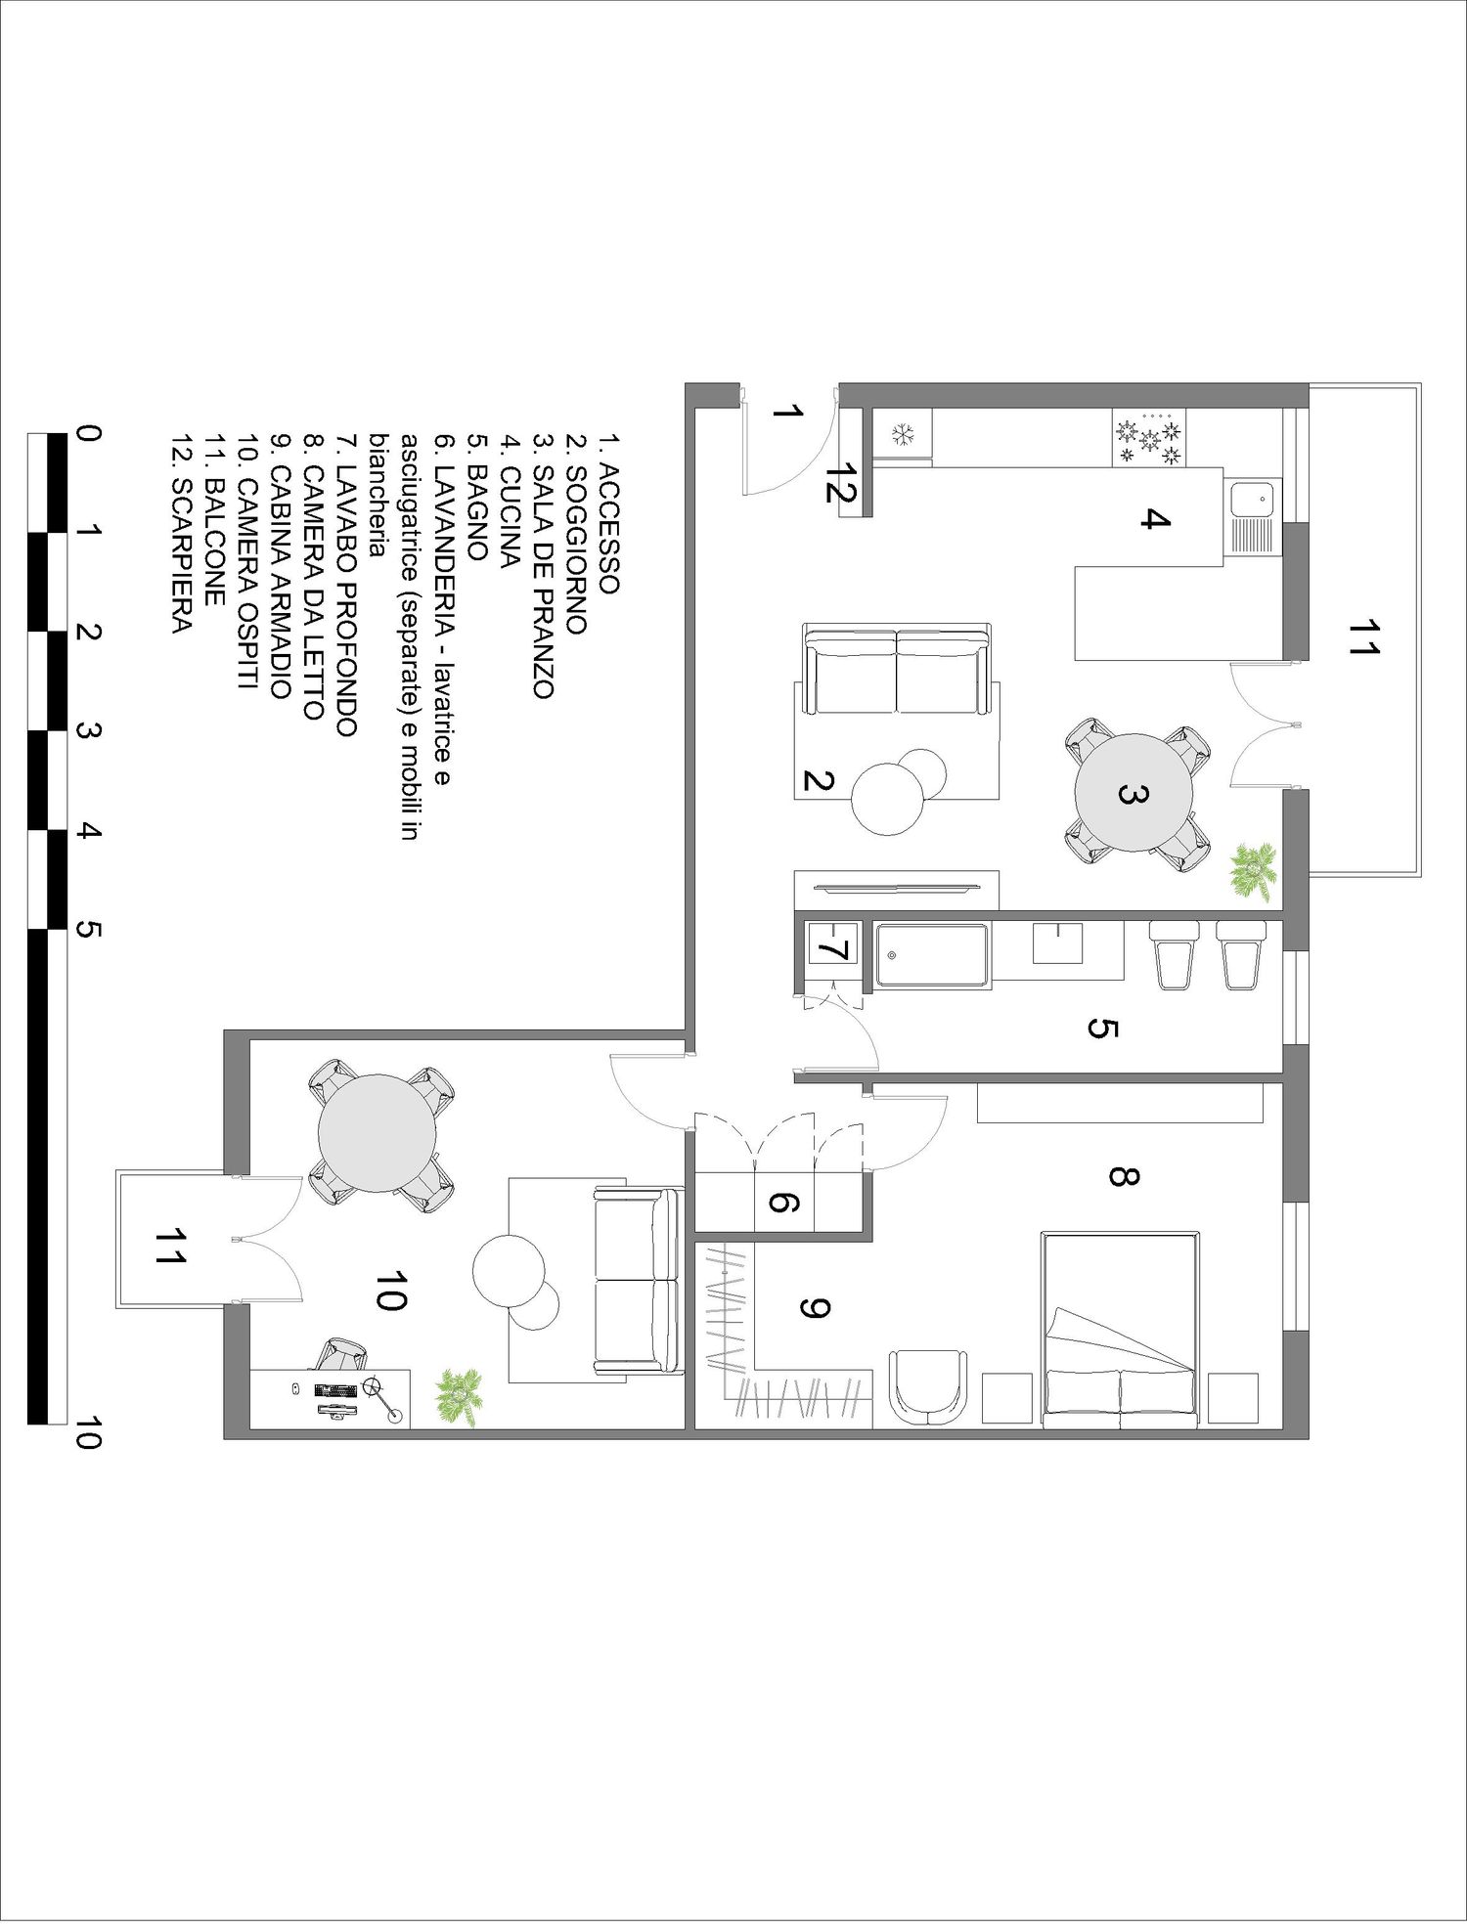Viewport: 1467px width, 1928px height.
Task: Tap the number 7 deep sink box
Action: click(832, 944)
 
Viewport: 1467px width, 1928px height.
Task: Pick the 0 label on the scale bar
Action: click(87, 433)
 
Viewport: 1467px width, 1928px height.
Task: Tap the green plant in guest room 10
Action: click(458, 1396)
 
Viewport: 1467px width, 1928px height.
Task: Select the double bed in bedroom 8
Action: click(1121, 1330)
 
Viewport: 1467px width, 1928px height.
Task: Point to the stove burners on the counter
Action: click(1149, 438)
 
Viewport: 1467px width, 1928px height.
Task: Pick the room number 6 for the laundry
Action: click(783, 1202)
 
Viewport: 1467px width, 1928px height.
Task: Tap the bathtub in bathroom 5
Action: click(932, 954)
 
